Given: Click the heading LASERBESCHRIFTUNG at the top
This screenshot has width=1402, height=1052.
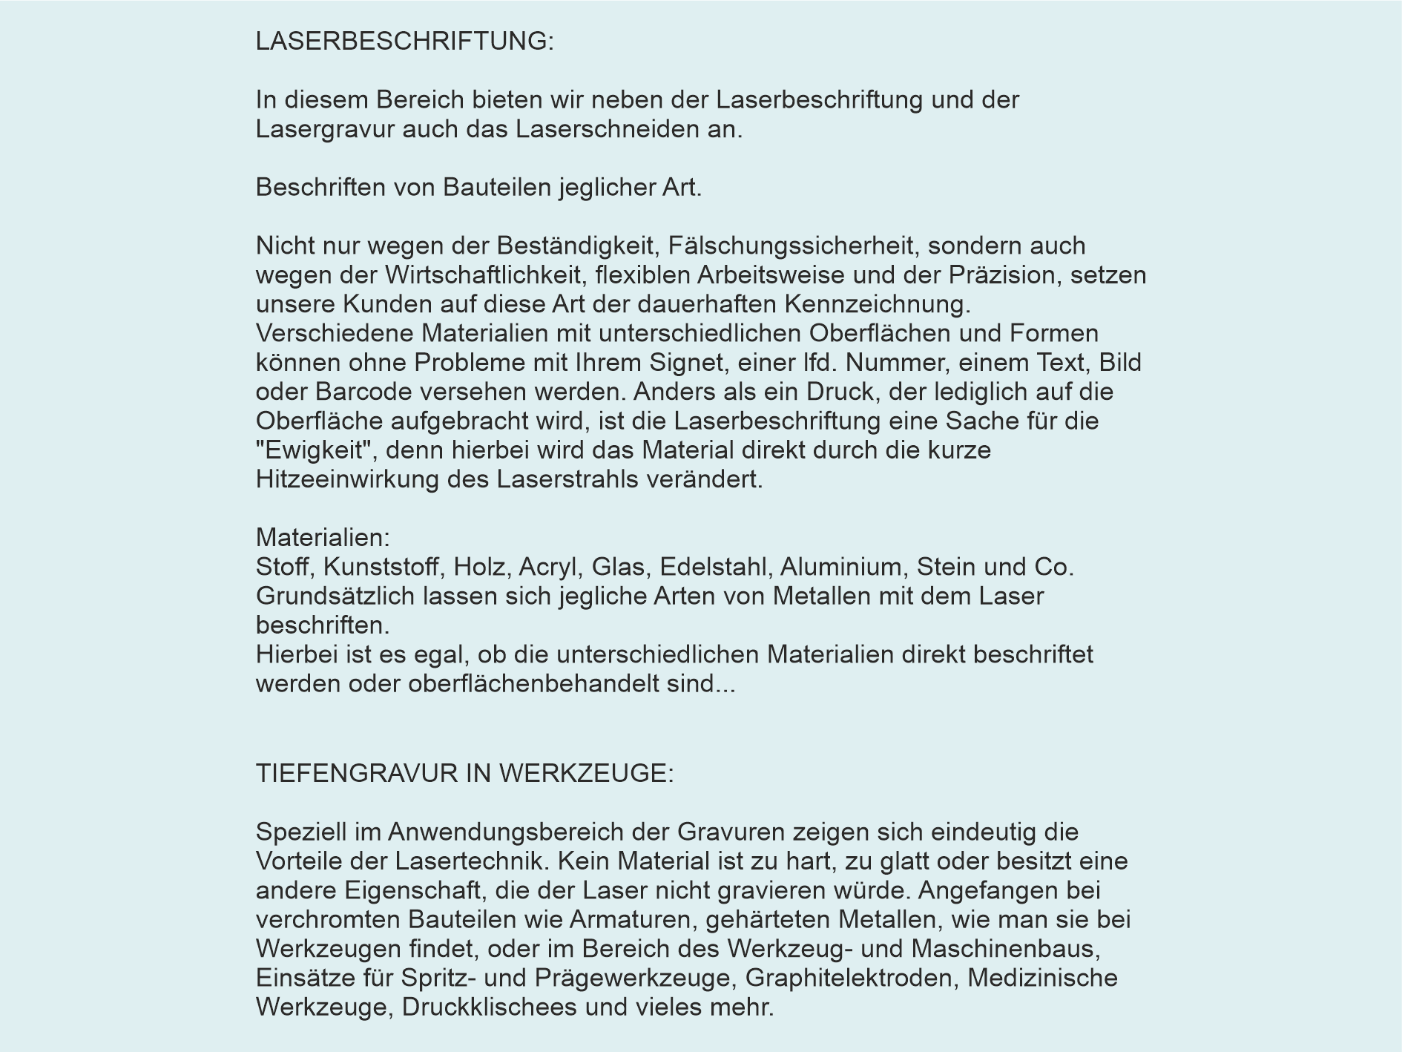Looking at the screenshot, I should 404,42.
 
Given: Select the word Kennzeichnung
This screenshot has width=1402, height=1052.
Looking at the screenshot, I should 877,304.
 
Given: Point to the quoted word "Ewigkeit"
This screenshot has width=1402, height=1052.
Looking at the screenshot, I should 315,450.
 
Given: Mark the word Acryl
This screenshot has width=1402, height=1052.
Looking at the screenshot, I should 547,567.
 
